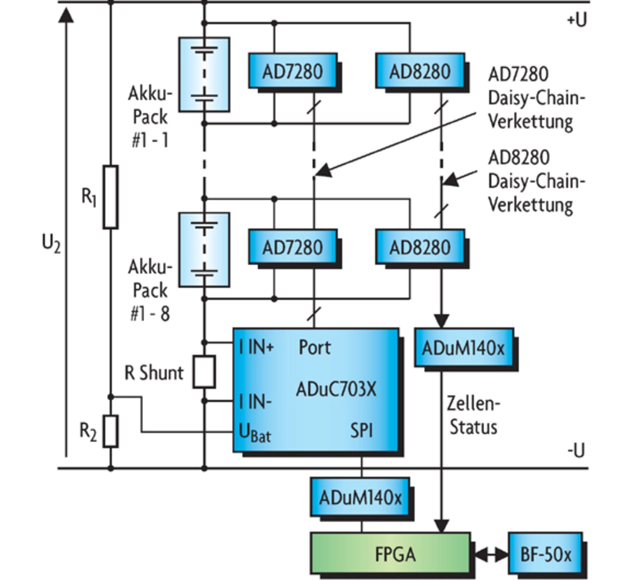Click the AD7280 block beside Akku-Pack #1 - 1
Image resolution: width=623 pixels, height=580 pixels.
(x=293, y=71)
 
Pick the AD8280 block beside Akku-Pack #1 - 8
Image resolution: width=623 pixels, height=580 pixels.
(x=420, y=247)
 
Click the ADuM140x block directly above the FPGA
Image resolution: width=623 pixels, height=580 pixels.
(x=360, y=498)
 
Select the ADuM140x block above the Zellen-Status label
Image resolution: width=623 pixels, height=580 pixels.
(x=463, y=348)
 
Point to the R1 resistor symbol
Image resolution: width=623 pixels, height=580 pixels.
(x=110, y=197)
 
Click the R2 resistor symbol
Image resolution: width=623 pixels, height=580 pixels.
(x=111, y=431)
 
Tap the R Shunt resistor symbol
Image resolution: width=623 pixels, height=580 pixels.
(x=204, y=372)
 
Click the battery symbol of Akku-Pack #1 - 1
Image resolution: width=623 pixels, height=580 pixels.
(x=204, y=75)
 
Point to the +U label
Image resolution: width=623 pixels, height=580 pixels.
(x=576, y=19)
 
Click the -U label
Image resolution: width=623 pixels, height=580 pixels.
(x=575, y=450)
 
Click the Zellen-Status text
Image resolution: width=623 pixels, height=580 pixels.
(x=473, y=415)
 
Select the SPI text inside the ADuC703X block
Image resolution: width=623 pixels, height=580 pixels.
(x=362, y=430)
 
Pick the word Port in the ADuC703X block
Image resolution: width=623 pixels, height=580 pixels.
(x=314, y=348)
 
